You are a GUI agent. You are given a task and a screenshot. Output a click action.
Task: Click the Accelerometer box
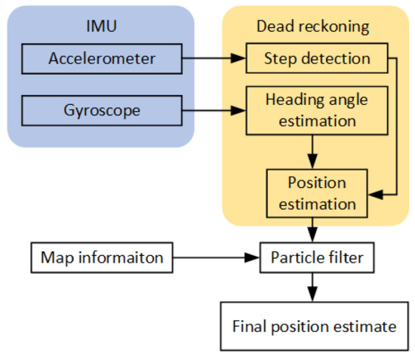[101, 58]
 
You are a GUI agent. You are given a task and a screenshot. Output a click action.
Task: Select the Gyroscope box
[101, 110]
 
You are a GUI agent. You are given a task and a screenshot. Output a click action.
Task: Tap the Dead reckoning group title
[312, 26]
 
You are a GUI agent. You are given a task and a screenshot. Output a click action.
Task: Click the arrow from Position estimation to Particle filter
[312, 227]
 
